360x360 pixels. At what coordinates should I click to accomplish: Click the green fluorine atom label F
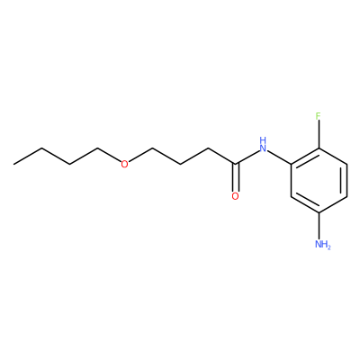click(319, 116)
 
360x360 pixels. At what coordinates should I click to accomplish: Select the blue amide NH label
click(263, 144)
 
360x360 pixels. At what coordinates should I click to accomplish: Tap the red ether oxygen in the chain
click(124, 164)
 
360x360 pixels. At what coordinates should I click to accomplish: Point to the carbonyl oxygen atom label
click(236, 196)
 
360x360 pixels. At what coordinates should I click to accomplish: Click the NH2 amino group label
click(323, 244)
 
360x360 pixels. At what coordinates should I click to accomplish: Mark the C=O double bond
click(236, 177)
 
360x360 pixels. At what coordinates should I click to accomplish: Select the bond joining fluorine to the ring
click(319, 134)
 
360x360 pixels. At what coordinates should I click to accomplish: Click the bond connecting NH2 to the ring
click(319, 226)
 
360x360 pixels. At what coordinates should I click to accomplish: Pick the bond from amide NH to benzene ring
click(280, 157)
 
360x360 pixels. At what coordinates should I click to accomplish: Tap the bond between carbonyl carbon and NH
click(247, 157)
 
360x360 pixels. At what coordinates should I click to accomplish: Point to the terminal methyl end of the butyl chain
click(13, 164)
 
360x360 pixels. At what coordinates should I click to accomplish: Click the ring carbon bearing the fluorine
click(319, 148)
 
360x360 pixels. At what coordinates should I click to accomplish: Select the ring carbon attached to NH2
click(319, 212)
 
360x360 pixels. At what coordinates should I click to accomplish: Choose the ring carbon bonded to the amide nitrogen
click(291, 164)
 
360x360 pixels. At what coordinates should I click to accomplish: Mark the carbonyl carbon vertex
click(236, 164)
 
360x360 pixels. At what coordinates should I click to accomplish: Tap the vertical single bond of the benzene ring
click(291, 180)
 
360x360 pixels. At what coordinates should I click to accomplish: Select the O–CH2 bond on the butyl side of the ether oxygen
click(109, 156)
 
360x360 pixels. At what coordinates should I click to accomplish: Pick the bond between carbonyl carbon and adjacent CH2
click(221, 156)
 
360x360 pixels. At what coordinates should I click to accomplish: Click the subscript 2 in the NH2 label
click(328, 247)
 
